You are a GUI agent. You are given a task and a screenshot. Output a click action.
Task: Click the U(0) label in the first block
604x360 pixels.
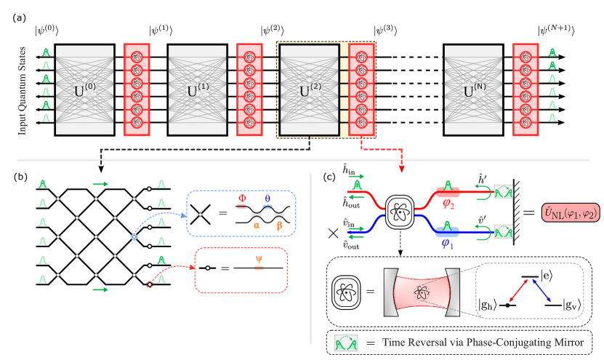click(84, 91)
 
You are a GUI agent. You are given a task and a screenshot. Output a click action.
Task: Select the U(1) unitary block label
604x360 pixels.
click(198, 91)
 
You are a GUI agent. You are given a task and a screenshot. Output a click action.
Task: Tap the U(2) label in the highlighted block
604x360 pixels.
click(310, 91)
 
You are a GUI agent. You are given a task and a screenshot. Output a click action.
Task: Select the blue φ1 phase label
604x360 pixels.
click(448, 244)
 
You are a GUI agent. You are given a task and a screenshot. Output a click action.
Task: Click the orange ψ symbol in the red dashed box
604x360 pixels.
click(258, 257)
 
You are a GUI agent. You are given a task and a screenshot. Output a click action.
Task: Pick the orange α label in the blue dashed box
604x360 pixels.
click(257, 225)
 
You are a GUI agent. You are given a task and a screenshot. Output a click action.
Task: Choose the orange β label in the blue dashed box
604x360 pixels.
click(279, 225)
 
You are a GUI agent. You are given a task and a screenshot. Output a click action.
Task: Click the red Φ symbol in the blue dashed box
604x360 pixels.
click(243, 197)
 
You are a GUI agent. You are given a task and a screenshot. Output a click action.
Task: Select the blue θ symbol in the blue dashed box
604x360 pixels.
click(267, 198)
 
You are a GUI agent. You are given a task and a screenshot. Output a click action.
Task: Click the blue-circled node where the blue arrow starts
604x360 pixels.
click(134, 237)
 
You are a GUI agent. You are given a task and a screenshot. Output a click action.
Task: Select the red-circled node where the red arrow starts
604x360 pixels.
click(150, 284)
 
